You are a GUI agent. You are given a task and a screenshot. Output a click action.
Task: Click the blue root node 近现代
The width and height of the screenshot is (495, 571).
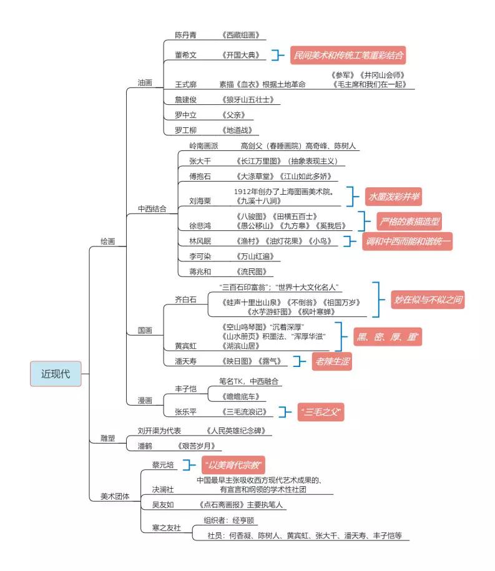pyautogui.click(x=56, y=374)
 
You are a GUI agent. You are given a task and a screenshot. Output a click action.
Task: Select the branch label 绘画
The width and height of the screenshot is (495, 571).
pyautogui.click(x=108, y=242)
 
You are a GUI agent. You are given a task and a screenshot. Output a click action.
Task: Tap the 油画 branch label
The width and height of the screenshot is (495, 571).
pyautogui.click(x=145, y=82)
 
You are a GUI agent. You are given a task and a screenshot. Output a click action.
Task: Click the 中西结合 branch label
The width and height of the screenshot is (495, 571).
pyautogui.click(x=152, y=208)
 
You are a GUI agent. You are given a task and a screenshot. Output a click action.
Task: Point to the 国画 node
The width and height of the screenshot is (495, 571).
pyautogui.click(x=145, y=330)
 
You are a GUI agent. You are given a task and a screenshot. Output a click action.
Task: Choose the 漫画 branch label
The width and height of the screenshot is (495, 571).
pyautogui.click(x=145, y=401)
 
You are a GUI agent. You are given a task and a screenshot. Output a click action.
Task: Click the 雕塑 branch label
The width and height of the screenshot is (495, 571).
pyautogui.click(x=108, y=439)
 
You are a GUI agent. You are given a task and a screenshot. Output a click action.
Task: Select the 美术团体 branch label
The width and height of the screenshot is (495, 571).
pyautogui.click(x=115, y=496)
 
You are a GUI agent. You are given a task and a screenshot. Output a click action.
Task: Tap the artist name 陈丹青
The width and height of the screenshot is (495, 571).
pyautogui.click(x=186, y=35)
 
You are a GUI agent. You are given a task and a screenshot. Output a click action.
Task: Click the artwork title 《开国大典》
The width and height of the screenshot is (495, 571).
pyautogui.click(x=241, y=55)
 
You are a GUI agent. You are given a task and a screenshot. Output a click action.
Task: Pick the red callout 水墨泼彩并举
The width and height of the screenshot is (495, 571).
pyautogui.click(x=394, y=197)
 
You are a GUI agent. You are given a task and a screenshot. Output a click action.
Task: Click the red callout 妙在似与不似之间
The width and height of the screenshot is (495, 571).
pyautogui.click(x=428, y=300)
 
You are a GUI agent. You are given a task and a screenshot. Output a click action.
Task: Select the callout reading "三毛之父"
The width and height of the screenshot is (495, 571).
pyautogui.click(x=321, y=412)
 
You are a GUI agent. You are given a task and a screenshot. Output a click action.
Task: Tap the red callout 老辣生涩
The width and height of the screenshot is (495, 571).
pyautogui.click(x=332, y=361)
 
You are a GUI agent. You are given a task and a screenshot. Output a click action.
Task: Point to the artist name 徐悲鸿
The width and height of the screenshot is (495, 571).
pyautogui.click(x=200, y=226)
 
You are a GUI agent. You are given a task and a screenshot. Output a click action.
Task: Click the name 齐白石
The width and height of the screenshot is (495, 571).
pyautogui.click(x=186, y=300)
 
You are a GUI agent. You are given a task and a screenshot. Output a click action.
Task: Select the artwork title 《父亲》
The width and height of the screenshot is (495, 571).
pyautogui.click(x=233, y=115)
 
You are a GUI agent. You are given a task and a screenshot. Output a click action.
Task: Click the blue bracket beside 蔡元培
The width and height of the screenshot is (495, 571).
pyautogui.click(x=189, y=465)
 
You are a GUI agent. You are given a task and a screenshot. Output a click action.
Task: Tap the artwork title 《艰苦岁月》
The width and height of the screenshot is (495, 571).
pyautogui.click(x=197, y=446)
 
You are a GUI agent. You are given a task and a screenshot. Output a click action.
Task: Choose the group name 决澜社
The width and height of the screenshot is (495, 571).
pyautogui.click(x=163, y=489)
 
